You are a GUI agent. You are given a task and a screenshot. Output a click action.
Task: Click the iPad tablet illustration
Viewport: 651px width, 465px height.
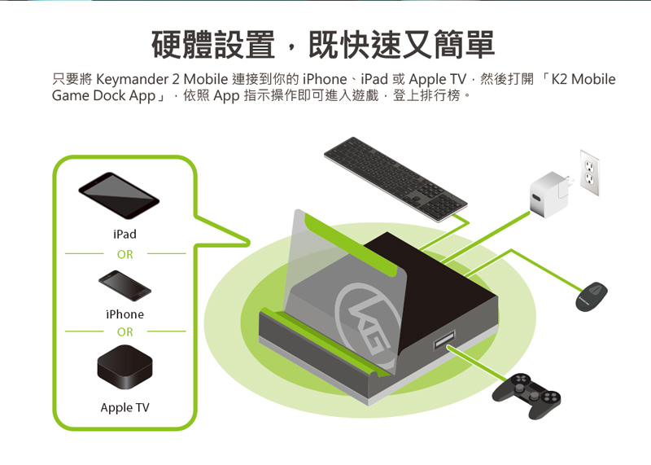click(x=119, y=195)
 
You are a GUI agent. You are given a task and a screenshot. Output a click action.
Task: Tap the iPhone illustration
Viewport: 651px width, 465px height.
click(x=125, y=286)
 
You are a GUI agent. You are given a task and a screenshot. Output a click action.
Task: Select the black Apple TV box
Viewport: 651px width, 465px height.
click(x=125, y=367)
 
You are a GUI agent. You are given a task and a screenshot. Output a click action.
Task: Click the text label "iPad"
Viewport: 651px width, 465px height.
click(x=125, y=235)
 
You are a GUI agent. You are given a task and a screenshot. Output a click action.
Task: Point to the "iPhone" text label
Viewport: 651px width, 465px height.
click(x=125, y=314)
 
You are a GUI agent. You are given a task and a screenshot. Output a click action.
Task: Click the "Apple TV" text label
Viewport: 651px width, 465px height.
click(x=125, y=407)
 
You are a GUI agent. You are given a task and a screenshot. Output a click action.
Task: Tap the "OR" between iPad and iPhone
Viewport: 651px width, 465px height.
click(x=125, y=254)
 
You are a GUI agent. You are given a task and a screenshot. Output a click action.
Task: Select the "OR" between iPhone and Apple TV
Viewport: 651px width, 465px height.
click(x=125, y=332)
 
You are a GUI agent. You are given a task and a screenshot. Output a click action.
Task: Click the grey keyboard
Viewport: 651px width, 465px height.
click(x=395, y=179)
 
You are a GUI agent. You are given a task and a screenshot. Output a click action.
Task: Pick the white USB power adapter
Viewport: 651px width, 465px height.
click(x=550, y=195)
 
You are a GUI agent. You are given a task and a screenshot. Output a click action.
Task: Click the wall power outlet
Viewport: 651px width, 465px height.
click(x=589, y=173)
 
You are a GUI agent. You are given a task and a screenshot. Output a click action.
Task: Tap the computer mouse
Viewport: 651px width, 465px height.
click(x=592, y=296)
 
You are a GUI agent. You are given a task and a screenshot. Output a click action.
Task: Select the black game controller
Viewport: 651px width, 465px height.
click(x=526, y=395)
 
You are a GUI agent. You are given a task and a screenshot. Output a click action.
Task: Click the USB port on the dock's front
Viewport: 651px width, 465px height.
click(x=444, y=339)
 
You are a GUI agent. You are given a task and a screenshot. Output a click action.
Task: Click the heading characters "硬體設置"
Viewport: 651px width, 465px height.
click(x=213, y=45)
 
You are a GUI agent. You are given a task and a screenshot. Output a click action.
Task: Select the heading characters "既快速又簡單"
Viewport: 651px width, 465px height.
click(x=401, y=45)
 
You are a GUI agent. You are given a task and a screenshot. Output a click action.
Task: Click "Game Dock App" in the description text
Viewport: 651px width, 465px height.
click(x=103, y=95)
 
